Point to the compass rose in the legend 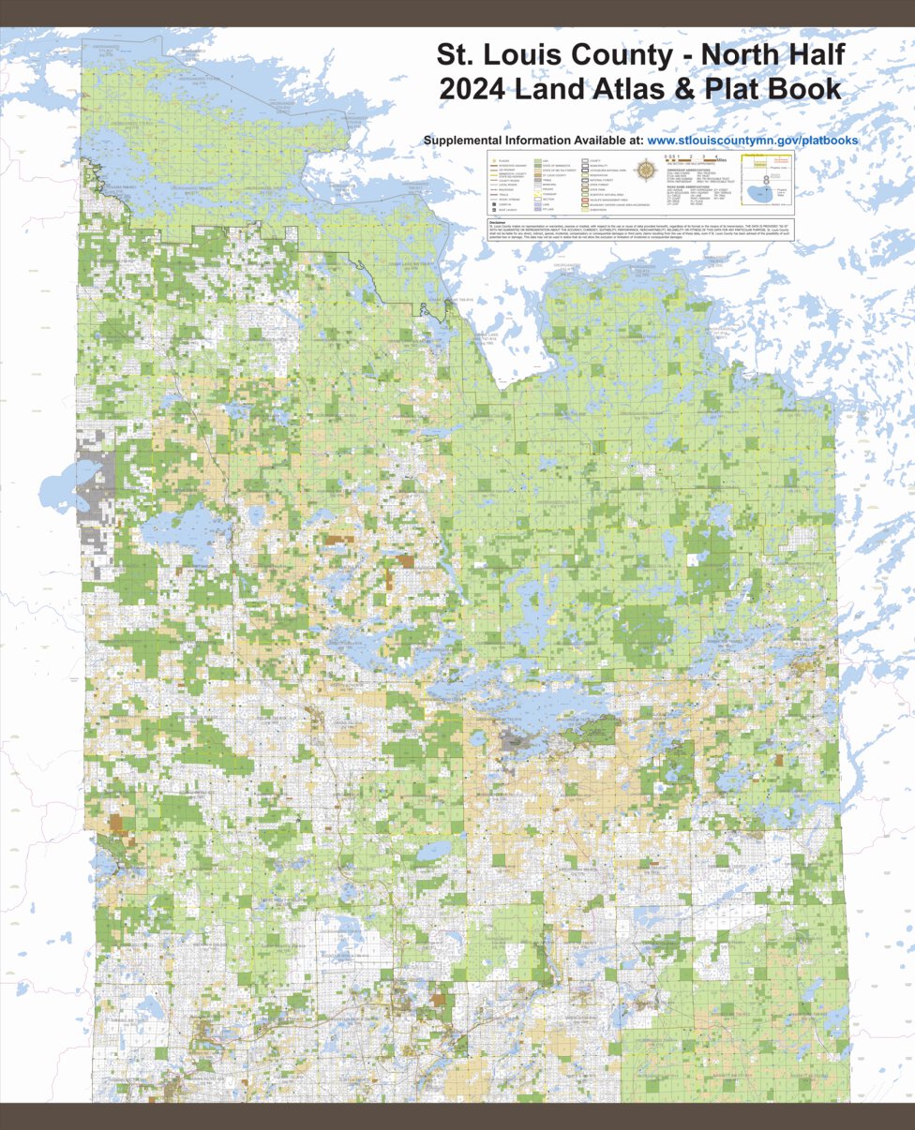(647, 171)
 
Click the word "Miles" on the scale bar (720, 158)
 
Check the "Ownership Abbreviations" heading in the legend (691, 169)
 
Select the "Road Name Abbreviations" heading (691, 188)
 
